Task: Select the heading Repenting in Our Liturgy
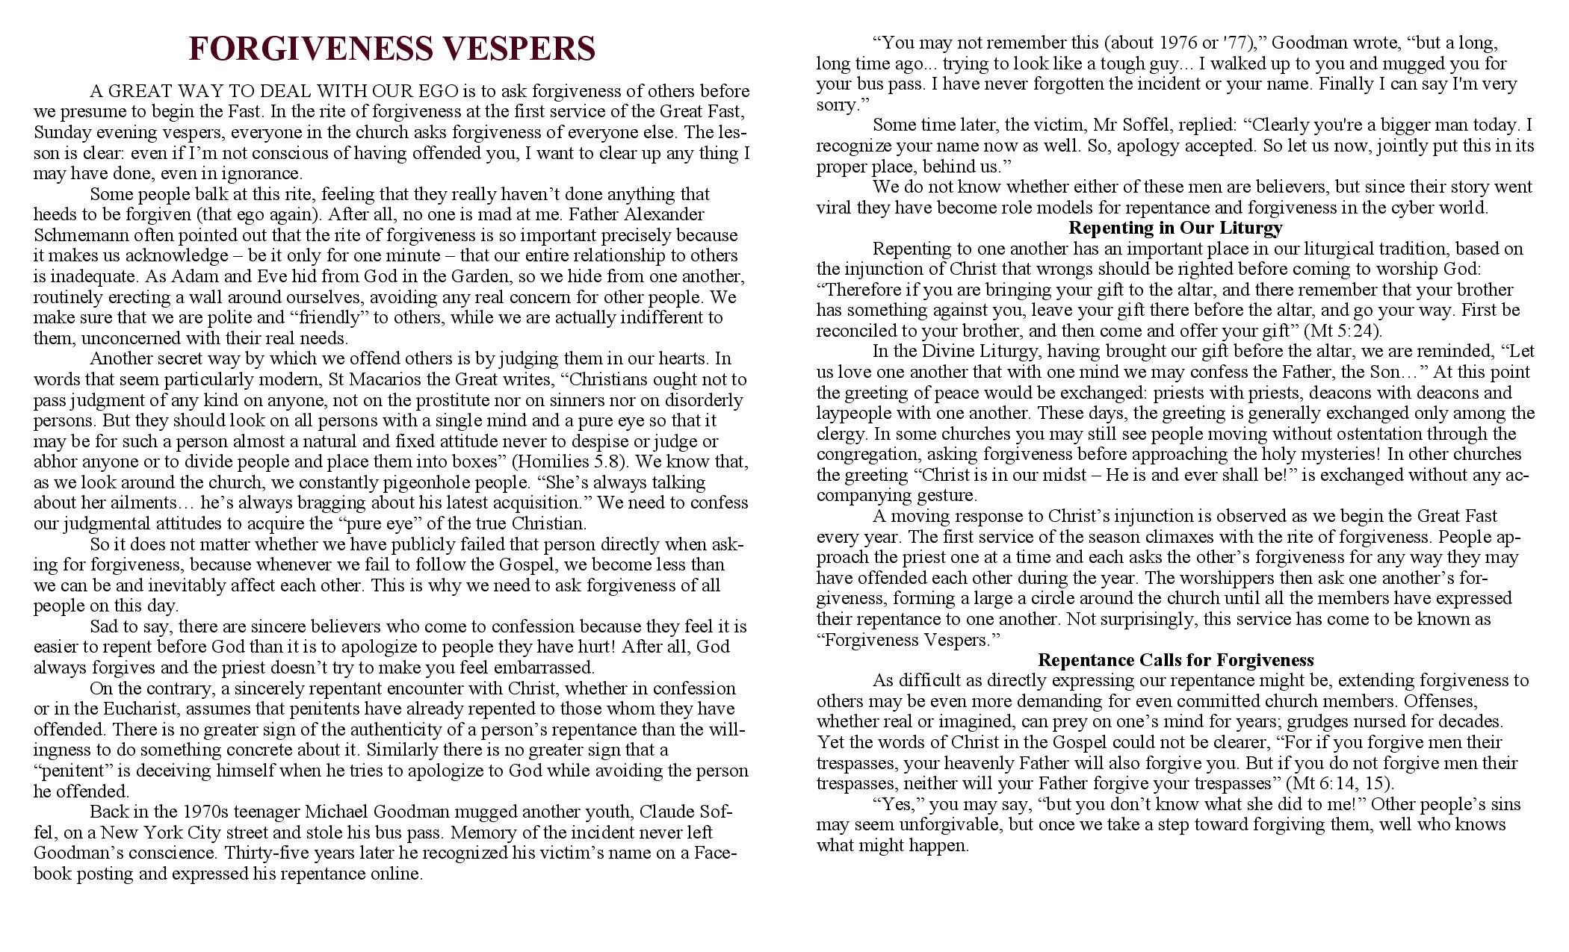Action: (x=1175, y=228)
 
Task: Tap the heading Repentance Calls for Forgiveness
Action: (x=1175, y=660)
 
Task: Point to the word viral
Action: (x=834, y=208)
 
